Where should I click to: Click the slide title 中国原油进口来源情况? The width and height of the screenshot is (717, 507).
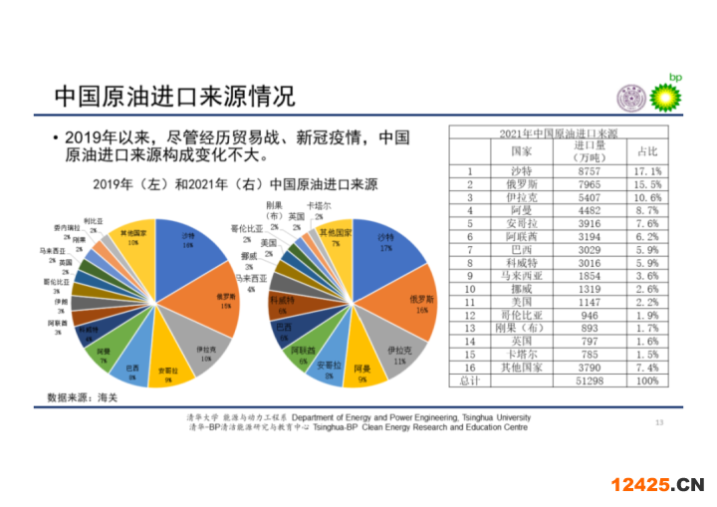point(174,97)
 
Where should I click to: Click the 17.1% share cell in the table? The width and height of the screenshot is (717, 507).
point(647,171)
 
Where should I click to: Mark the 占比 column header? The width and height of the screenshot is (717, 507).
point(647,151)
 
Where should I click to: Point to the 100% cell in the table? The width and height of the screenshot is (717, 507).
point(647,380)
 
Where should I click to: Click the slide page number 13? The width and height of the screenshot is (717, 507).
point(658,422)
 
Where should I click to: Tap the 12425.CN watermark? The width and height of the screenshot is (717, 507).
point(656,485)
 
